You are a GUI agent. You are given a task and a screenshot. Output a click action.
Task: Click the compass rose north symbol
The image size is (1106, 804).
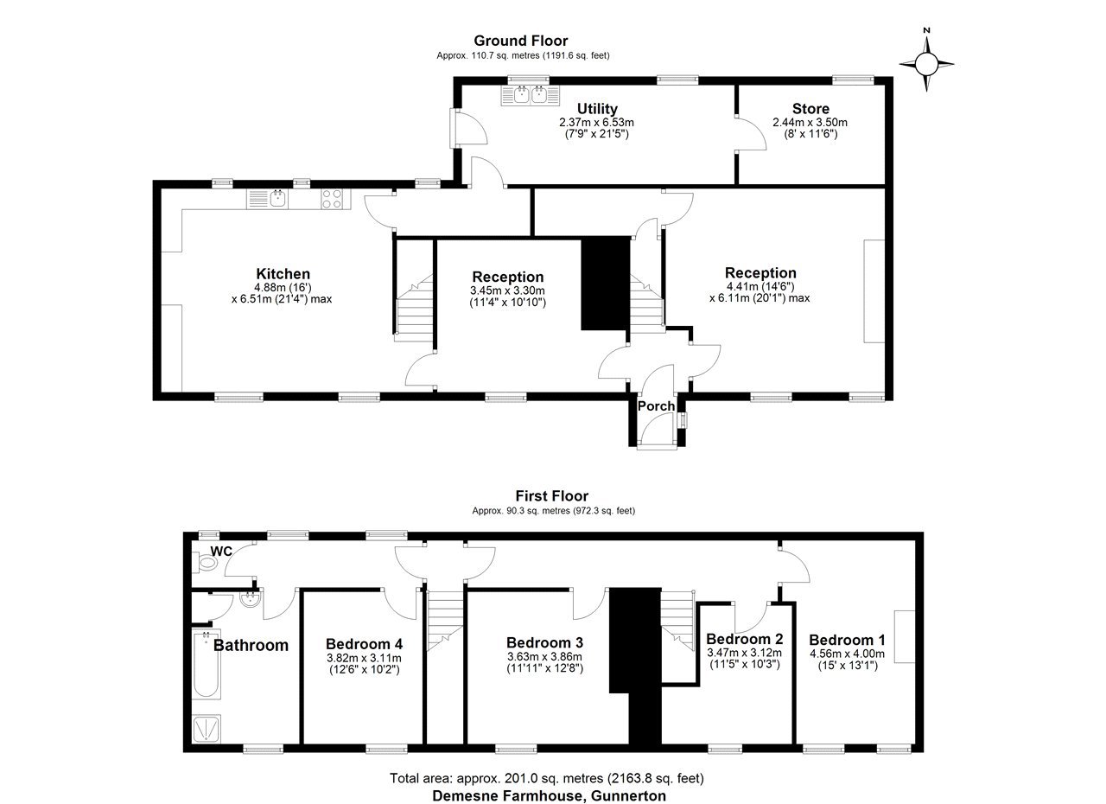click(x=926, y=63)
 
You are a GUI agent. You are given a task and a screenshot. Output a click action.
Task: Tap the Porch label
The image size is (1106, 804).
click(x=656, y=406)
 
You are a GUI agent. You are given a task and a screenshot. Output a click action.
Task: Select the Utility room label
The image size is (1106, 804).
click(x=597, y=109)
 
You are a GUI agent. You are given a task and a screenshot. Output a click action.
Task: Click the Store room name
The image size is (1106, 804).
click(x=810, y=109)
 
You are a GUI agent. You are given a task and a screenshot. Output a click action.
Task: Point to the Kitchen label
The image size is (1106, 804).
click(x=283, y=273)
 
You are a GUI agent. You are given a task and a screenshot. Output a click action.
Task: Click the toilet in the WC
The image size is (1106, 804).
click(x=206, y=563)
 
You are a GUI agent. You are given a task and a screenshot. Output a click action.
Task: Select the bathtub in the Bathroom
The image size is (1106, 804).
click(x=207, y=664)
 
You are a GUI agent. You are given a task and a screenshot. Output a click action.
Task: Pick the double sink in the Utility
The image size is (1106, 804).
click(x=531, y=95)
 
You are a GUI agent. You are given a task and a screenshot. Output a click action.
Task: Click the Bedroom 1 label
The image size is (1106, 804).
click(x=847, y=640)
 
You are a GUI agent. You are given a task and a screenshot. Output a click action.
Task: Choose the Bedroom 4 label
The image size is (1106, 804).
click(x=364, y=644)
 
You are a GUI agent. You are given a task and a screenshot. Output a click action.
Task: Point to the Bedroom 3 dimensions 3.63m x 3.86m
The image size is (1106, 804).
click(x=544, y=657)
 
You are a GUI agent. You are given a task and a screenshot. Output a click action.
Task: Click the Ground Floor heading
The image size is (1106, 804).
click(x=521, y=41)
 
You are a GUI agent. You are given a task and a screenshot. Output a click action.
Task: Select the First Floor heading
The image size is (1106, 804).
click(x=552, y=496)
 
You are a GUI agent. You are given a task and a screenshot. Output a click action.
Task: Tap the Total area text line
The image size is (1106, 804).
click(x=547, y=778)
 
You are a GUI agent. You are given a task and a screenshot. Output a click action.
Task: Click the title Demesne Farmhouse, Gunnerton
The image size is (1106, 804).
click(x=549, y=795)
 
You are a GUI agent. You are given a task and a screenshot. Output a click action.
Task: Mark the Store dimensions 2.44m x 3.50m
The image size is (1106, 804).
click(x=810, y=122)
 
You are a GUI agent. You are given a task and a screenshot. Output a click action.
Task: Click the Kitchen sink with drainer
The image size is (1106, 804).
click(x=268, y=200)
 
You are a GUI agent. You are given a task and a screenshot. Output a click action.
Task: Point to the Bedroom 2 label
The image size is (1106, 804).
click(x=745, y=639)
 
